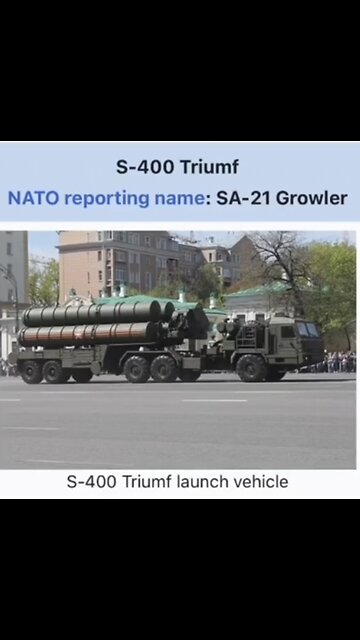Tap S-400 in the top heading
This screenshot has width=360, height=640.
142,166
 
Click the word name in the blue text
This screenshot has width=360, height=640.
178,198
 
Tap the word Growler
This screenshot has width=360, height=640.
312,198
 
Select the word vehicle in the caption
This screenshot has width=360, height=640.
260,482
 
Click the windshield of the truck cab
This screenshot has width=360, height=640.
307,330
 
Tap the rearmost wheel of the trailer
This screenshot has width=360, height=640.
31,371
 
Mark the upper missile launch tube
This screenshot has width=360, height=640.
90,314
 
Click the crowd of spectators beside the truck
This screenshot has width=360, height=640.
339,361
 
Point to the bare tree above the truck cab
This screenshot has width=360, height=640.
279,262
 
